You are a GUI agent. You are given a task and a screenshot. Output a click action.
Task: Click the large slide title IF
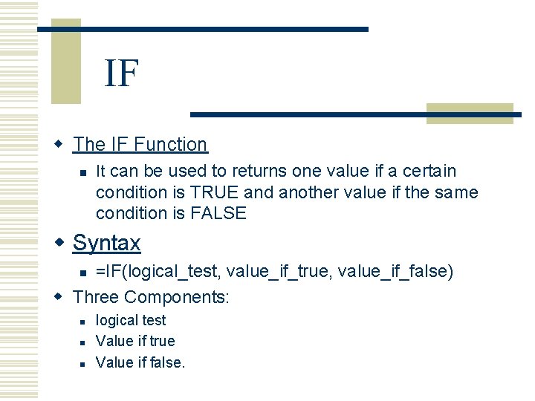tap(122, 73)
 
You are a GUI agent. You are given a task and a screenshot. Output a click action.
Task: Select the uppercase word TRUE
tap(215, 192)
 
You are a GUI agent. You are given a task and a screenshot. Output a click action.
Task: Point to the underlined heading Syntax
tap(106, 243)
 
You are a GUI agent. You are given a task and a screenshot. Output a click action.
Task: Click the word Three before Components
tap(97, 297)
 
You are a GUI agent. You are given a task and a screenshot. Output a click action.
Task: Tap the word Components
tap(177, 297)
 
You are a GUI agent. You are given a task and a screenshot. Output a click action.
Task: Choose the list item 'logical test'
tap(131, 320)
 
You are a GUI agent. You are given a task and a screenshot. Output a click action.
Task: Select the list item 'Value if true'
tap(135, 341)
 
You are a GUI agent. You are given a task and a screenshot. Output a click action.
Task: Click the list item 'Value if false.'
tap(140, 362)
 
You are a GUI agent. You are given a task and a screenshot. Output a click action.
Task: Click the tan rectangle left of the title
tap(65, 63)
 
